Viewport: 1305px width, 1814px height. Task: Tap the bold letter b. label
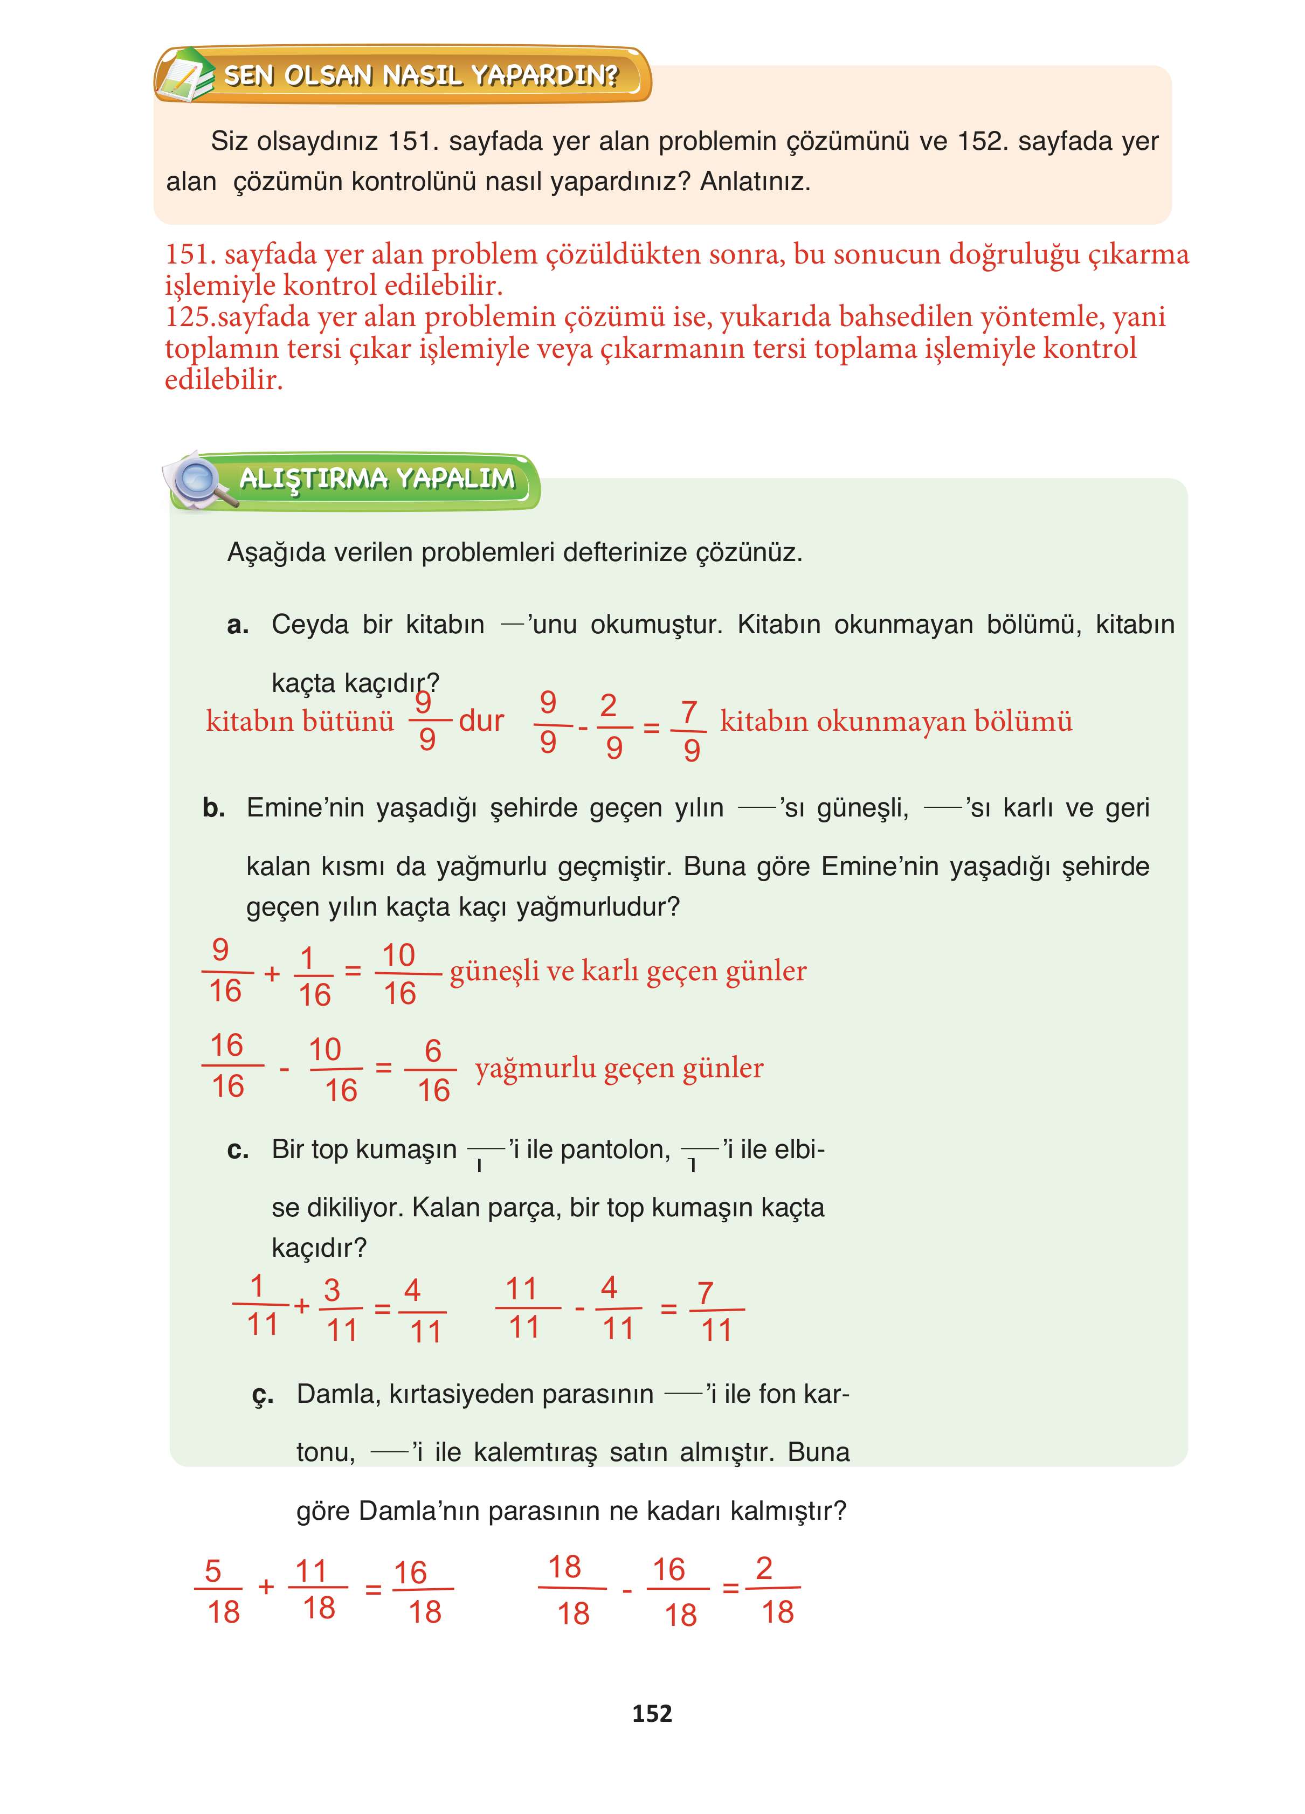pos(213,808)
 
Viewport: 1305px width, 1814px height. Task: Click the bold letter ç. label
pos(263,1395)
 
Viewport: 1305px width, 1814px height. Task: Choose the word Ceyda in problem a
pos(309,625)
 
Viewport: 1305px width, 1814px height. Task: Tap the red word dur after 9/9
pos(481,721)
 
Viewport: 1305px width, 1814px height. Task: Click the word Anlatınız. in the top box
pos(755,182)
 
